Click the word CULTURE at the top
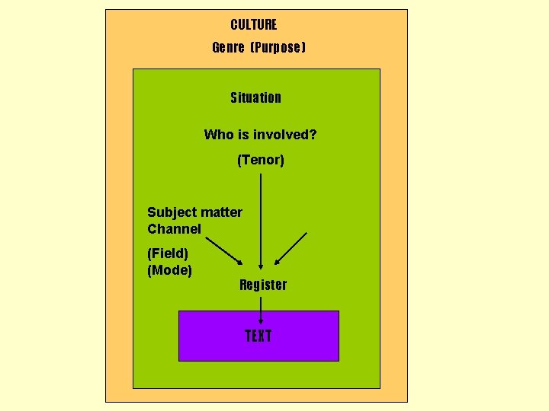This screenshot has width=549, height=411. tap(254, 25)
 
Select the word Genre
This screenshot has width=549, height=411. tap(228, 48)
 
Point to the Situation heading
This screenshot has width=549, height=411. tap(255, 97)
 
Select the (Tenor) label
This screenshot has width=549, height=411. tap(261, 160)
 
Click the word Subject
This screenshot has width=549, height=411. tap(172, 212)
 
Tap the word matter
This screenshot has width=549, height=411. tap(222, 212)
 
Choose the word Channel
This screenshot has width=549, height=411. tap(174, 229)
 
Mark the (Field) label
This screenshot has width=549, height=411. tap(168, 253)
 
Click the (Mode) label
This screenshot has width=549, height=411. tap(169, 270)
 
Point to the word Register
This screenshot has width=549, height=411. tap(263, 285)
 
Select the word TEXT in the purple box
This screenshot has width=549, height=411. tap(258, 336)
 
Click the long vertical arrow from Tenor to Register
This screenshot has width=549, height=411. tap(262, 221)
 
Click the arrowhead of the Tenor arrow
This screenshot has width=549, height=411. tap(262, 266)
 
